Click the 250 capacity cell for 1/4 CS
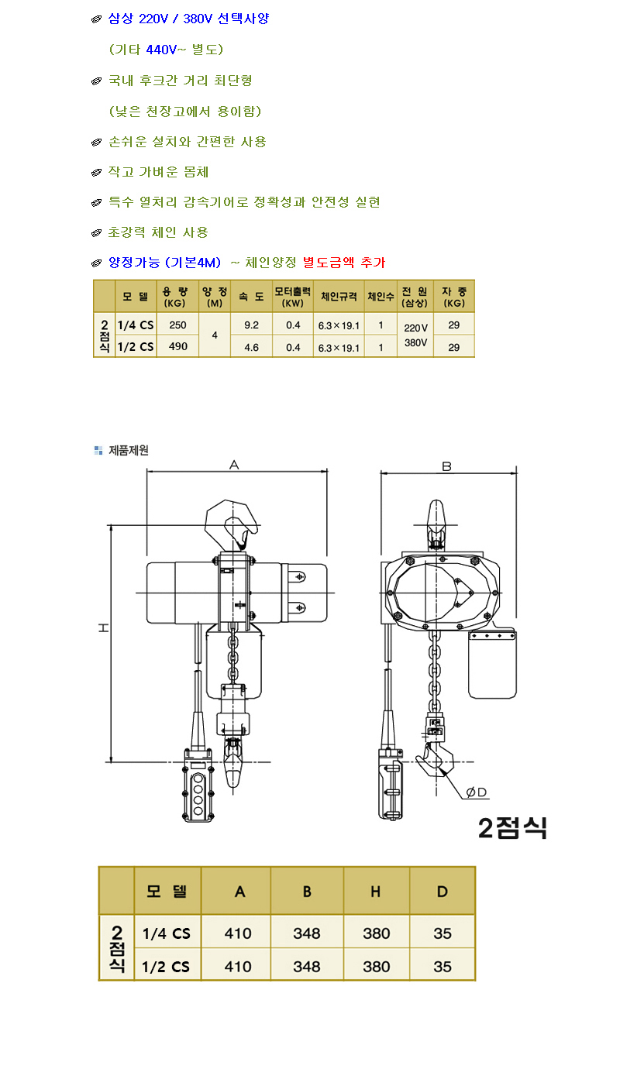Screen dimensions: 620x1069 [177, 325]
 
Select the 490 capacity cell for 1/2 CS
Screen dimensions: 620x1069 [177, 346]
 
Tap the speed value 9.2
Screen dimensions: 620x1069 [251, 325]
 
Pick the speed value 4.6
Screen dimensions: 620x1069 [251, 347]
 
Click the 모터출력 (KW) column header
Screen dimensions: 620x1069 [293, 297]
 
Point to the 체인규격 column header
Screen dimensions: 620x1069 [339, 297]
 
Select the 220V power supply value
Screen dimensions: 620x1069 [415, 328]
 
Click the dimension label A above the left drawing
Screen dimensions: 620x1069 [234, 464]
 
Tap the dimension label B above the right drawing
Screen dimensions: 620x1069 [446, 466]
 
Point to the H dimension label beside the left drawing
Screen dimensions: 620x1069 [104, 628]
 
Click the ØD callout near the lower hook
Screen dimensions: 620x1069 [477, 792]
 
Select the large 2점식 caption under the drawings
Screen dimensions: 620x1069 [512, 828]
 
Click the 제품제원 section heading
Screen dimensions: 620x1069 [129, 451]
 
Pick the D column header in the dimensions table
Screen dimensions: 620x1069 [442, 892]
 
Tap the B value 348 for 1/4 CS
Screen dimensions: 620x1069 [306, 933]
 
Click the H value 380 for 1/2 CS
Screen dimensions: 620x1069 [376, 967]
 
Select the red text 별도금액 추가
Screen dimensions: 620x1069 [344, 263]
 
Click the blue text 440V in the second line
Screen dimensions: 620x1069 [161, 50]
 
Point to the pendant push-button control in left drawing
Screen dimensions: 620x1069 [198, 785]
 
